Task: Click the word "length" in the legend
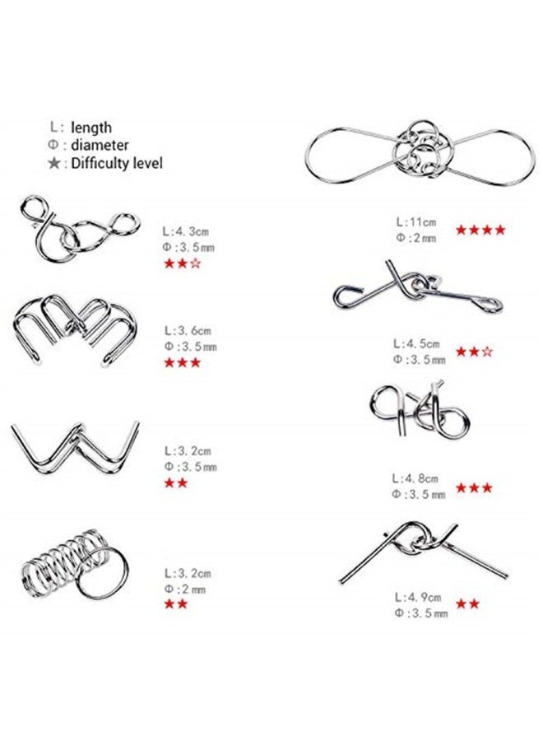[91, 128]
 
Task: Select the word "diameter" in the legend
[100, 146]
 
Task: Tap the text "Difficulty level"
[116, 163]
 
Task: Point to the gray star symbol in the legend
[55, 163]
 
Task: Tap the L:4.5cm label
[417, 343]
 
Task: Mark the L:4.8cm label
[417, 478]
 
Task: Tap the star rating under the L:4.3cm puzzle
[183, 263]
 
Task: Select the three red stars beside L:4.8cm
[475, 487]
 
